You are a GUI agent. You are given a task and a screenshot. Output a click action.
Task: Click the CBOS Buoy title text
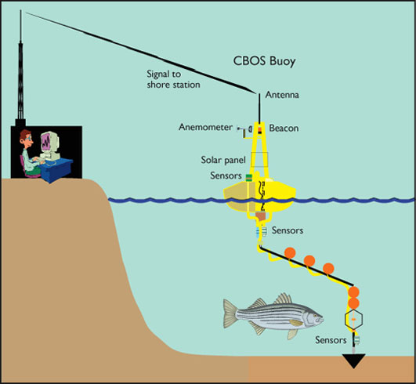[x=264, y=61]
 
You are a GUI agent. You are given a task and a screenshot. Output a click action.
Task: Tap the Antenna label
[x=282, y=95]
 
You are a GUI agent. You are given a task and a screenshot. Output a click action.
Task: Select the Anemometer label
[x=205, y=127]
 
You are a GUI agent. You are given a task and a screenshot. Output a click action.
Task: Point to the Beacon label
[x=284, y=128]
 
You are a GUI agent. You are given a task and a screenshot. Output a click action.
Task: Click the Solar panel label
[x=223, y=160]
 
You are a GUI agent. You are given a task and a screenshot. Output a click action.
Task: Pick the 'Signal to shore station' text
[x=173, y=79]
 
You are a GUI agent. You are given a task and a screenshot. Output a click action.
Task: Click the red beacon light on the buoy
[x=260, y=130]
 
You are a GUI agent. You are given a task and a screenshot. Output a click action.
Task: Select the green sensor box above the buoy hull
[x=248, y=178]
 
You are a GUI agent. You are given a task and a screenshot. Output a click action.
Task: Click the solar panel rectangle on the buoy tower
[x=259, y=160]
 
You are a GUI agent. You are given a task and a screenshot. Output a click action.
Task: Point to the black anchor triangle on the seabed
[x=353, y=361]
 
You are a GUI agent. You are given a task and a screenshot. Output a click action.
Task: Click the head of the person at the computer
[x=27, y=138]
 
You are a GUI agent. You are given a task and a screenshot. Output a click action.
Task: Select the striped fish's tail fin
[x=230, y=313]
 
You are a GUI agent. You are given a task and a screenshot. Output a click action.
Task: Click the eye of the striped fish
[x=315, y=316]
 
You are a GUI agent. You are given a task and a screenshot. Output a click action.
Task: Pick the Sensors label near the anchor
[x=331, y=340]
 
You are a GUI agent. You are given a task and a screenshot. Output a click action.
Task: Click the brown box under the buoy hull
[x=260, y=216]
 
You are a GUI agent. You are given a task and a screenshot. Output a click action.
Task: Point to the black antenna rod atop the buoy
[x=259, y=108]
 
